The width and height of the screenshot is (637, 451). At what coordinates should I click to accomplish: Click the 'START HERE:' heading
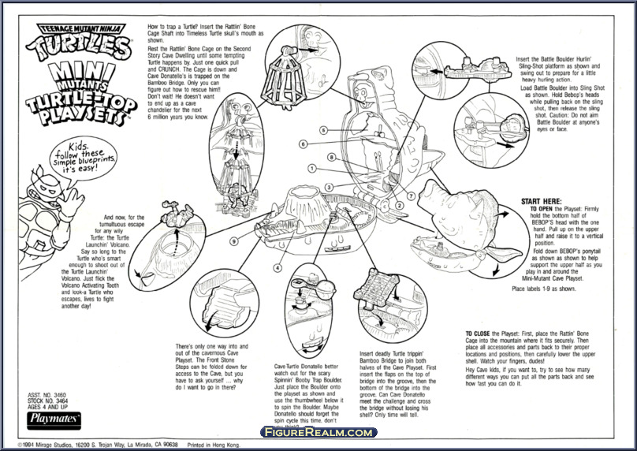[x=520, y=201]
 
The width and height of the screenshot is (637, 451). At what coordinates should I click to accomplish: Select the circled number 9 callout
[x=234, y=240]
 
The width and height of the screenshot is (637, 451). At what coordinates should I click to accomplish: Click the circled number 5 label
[x=323, y=129]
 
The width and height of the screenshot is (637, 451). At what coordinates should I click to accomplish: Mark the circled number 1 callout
[x=312, y=168]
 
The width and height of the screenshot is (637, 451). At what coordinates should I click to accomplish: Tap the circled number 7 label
[x=412, y=195]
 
